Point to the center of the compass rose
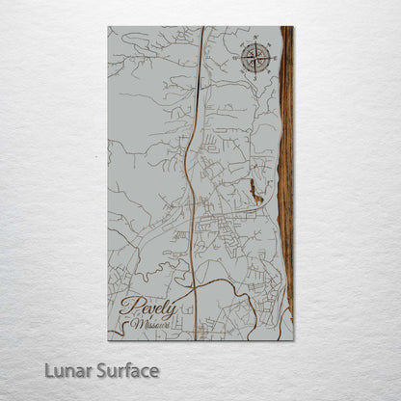(x=255, y=58)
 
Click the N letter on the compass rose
(x=255, y=41)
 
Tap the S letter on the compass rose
(x=255, y=75)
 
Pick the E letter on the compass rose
(x=274, y=58)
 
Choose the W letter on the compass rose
(x=237, y=58)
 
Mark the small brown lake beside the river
(x=254, y=188)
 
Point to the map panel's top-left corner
(x=108, y=27)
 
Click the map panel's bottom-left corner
(x=108, y=340)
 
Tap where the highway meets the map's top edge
(x=203, y=27)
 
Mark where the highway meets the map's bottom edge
(x=196, y=340)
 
